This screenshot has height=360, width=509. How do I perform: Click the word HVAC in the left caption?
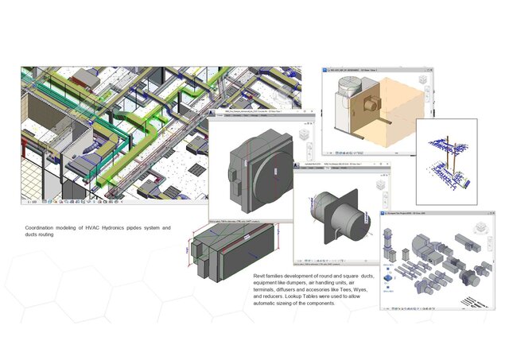pos(87,228)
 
